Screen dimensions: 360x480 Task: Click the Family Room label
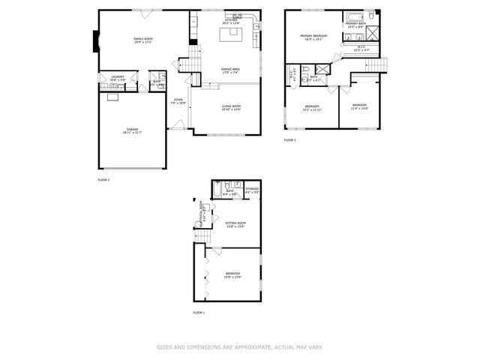(143, 40)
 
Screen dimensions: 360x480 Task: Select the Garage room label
(132, 132)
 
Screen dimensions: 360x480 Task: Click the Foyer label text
(178, 100)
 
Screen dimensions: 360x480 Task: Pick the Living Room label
(230, 108)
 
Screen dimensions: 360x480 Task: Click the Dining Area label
(230, 71)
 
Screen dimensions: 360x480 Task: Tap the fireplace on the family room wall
(95, 40)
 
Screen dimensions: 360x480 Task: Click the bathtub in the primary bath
(355, 16)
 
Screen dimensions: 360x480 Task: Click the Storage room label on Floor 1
(252, 190)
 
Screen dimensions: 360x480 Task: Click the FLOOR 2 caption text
(103, 180)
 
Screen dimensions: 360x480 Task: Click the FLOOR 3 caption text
(289, 140)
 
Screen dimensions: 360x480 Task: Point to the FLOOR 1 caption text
(199, 312)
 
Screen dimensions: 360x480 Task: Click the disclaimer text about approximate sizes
(239, 346)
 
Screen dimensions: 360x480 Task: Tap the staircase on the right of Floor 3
(373, 67)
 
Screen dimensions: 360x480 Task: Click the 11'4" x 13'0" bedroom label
(360, 106)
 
